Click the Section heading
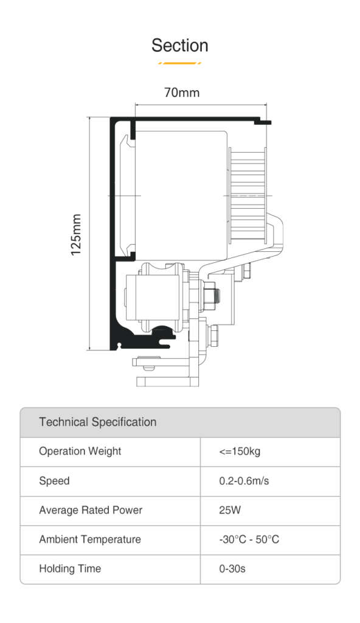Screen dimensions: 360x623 click(179, 45)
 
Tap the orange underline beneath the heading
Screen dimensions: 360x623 click(179, 63)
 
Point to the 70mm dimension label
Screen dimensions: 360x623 click(182, 92)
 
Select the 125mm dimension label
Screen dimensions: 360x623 click(76, 235)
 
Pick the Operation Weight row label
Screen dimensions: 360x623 click(80, 451)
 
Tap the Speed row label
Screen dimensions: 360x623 click(55, 481)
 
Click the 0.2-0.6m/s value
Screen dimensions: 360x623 click(244, 481)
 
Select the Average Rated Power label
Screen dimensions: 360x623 click(91, 510)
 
